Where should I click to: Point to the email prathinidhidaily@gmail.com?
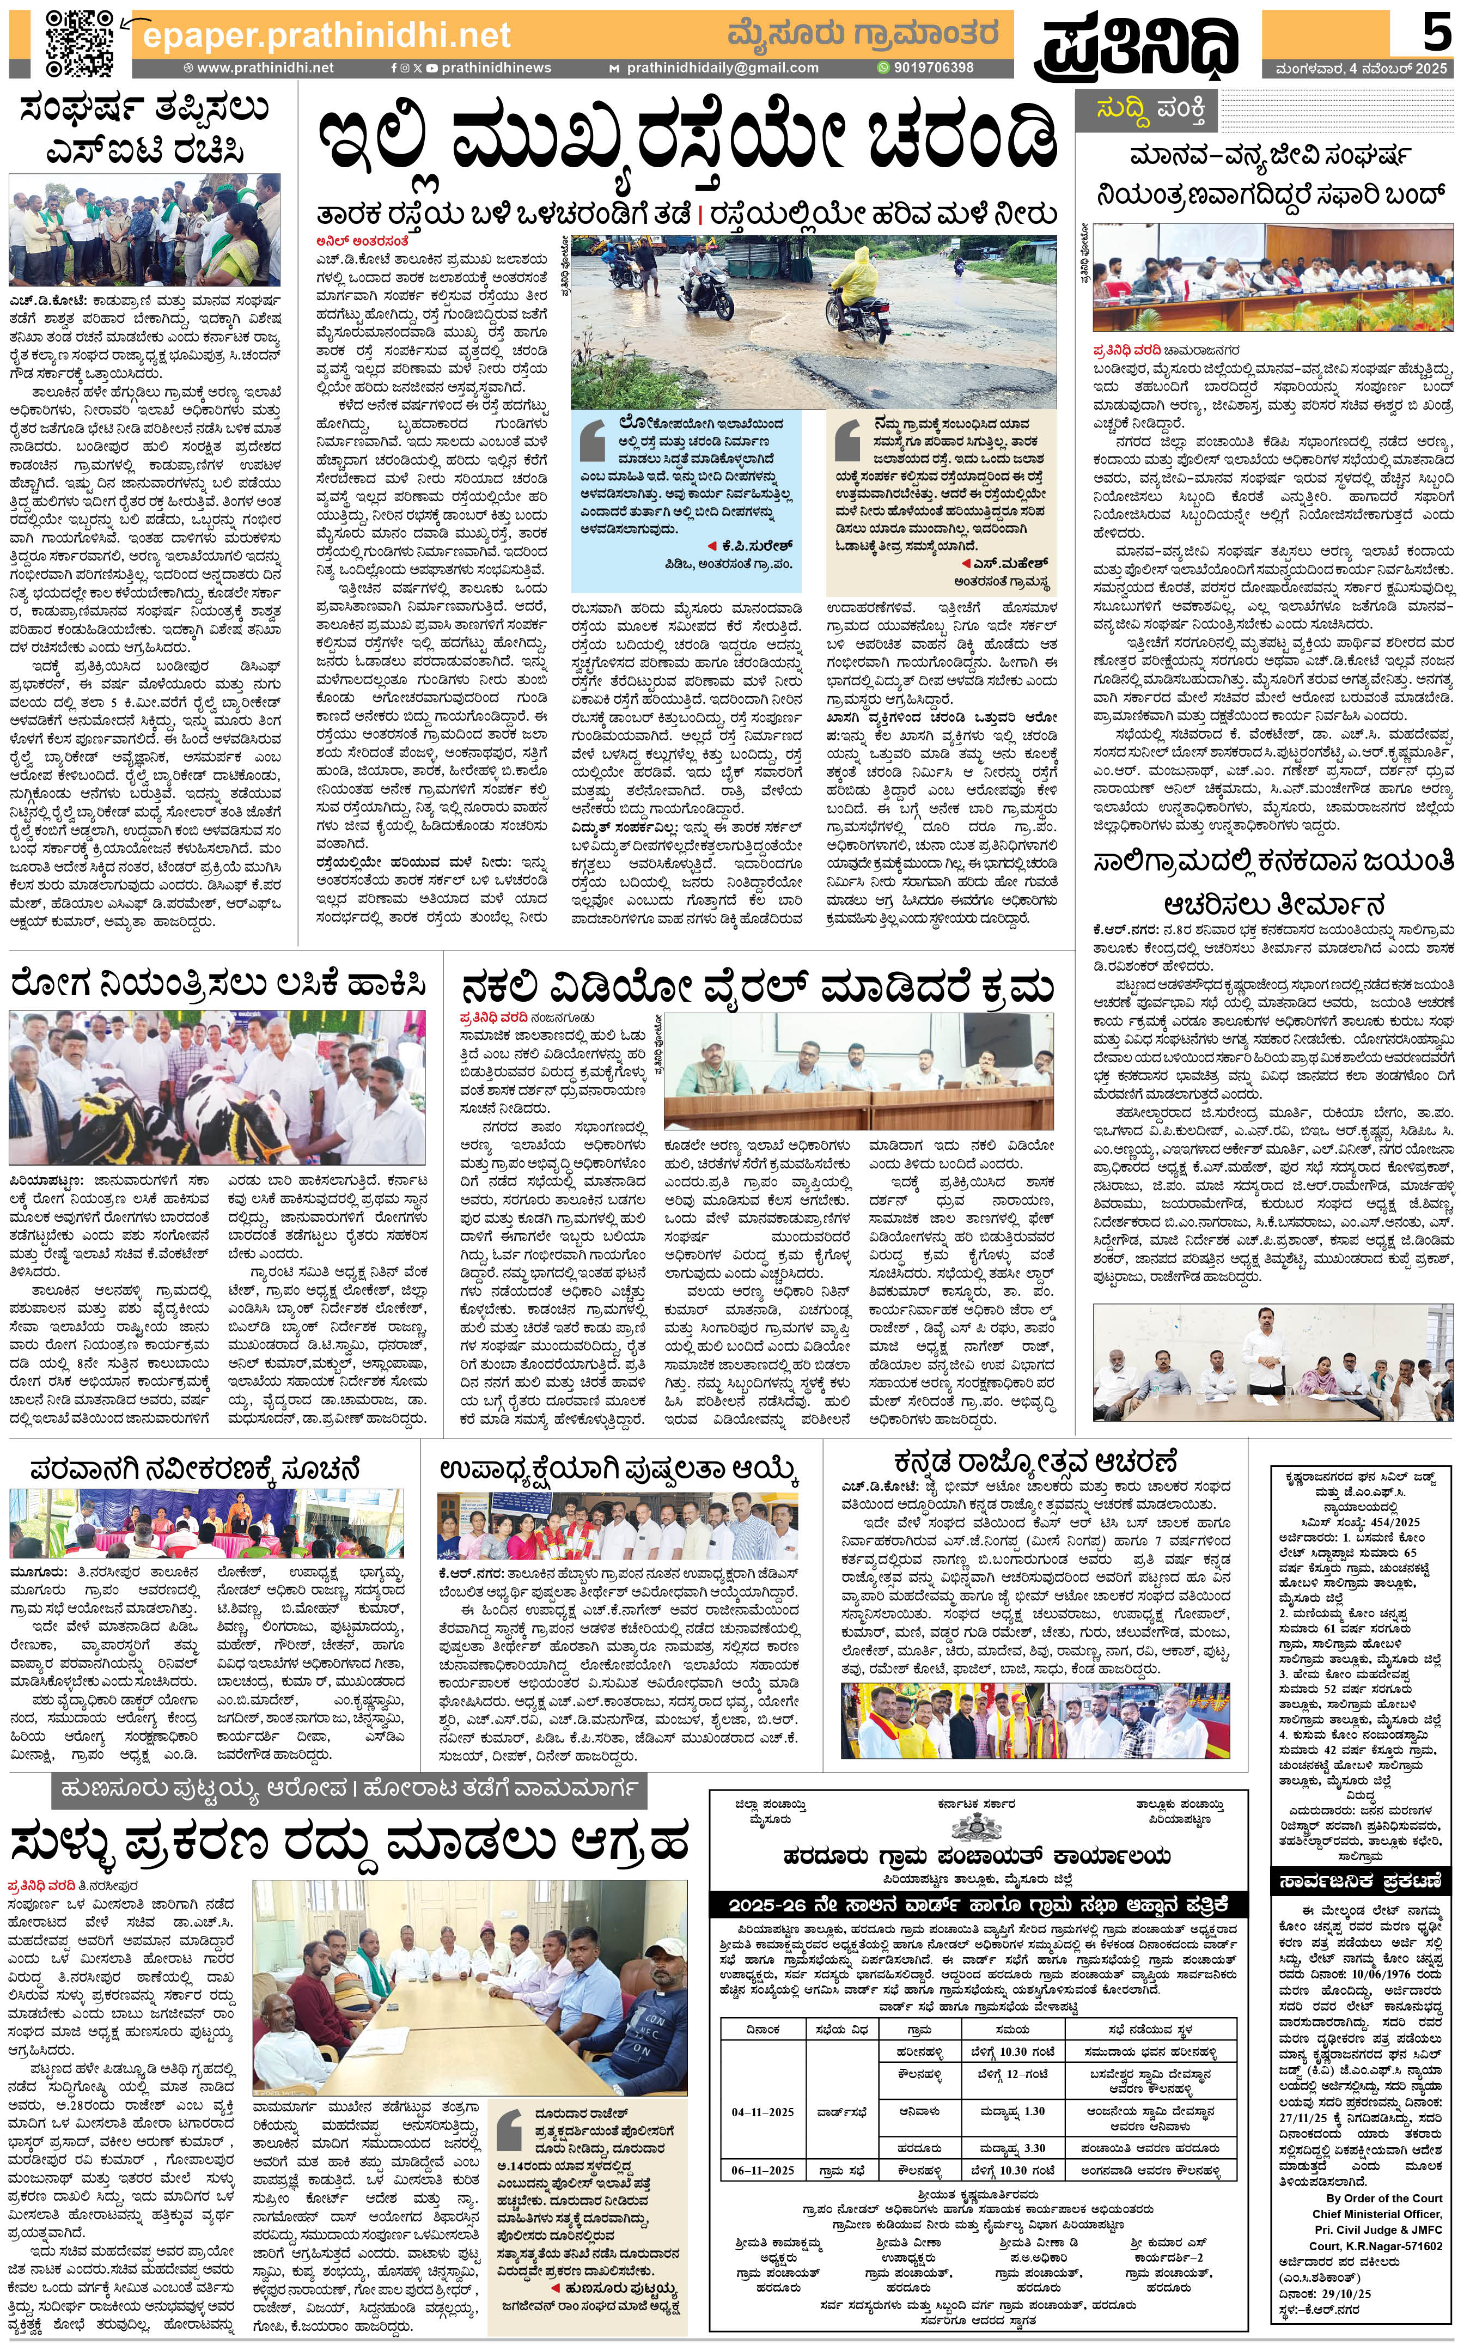(x=722, y=68)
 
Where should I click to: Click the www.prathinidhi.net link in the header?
(x=264, y=68)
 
